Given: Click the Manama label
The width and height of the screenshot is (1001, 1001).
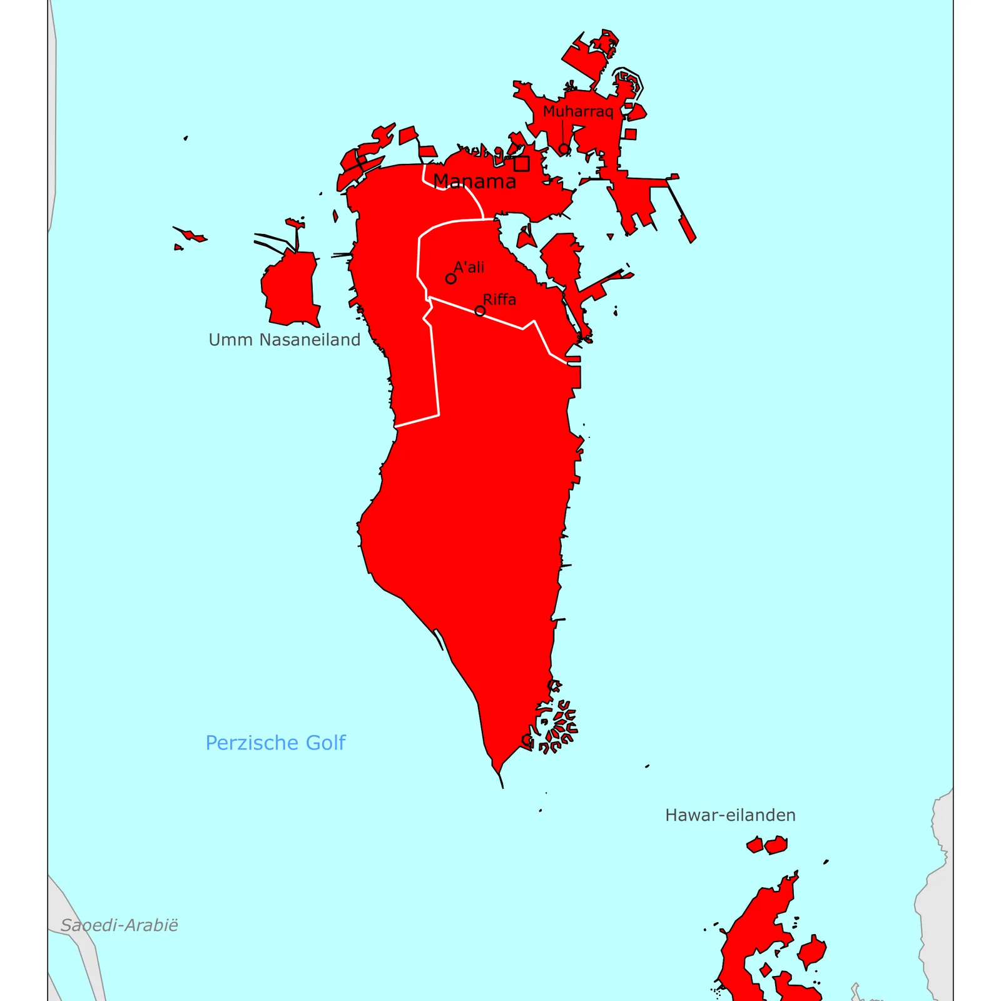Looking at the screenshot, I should [x=474, y=181].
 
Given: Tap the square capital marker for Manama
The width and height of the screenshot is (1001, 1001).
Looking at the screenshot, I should [x=521, y=164].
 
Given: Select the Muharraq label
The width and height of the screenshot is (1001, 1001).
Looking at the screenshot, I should [x=577, y=111].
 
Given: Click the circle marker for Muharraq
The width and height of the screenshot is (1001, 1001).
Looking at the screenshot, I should [x=564, y=149].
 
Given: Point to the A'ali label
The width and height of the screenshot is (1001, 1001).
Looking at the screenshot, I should [x=469, y=267].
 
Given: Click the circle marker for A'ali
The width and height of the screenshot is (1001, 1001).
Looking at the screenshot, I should [x=450, y=278].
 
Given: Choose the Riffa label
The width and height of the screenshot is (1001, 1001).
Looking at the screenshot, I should [x=499, y=300].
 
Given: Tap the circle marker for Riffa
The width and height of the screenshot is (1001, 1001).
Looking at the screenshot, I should [x=480, y=311].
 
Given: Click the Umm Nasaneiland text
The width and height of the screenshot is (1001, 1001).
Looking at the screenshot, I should [x=284, y=340].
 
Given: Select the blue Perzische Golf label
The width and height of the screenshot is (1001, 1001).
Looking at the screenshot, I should [x=275, y=743].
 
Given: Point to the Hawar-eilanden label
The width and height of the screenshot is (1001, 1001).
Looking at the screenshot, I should [x=730, y=815].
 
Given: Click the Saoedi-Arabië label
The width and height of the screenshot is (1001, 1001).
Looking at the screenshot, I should [x=119, y=925].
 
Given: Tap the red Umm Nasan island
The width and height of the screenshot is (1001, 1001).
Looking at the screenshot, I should [x=291, y=288].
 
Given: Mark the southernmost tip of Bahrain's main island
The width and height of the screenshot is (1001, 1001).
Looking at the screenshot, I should [x=502, y=786].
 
